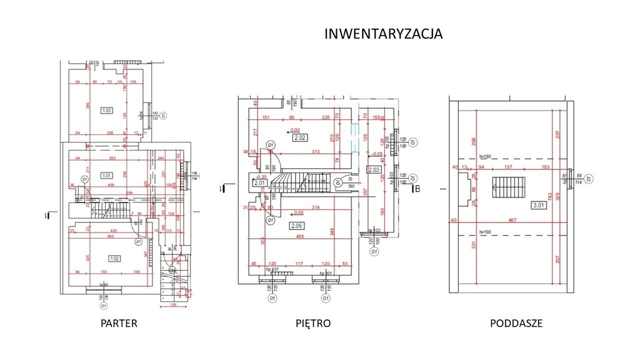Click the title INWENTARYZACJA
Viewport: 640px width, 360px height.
point(383,34)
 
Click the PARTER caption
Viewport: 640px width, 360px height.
point(118,324)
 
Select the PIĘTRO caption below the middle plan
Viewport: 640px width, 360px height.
point(312,324)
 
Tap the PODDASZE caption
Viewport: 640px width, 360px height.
point(516,324)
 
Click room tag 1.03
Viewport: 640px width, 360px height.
point(106,111)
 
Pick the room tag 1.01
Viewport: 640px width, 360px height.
point(106,176)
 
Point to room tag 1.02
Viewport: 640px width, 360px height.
point(114,258)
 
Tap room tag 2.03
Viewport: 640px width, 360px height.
point(374,169)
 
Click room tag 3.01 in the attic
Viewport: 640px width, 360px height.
point(537,204)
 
